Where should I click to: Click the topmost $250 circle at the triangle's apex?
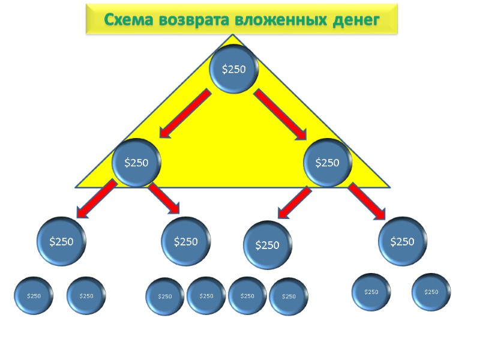[234, 69]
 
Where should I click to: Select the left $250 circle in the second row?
[136, 162]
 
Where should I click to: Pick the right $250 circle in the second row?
[327, 162]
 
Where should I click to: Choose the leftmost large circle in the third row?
[61, 242]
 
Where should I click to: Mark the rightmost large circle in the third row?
[402, 241]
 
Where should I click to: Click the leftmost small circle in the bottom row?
[34, 295]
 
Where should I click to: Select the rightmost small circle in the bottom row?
[431, 292]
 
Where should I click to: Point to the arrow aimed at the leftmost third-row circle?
[96, 199]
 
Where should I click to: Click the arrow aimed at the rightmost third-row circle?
[367, 201]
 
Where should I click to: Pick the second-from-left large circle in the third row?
[186, 241]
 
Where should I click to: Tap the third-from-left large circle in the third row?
[268, 245]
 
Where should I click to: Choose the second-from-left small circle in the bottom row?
[86, 295]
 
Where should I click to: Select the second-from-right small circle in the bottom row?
[371, 292]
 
